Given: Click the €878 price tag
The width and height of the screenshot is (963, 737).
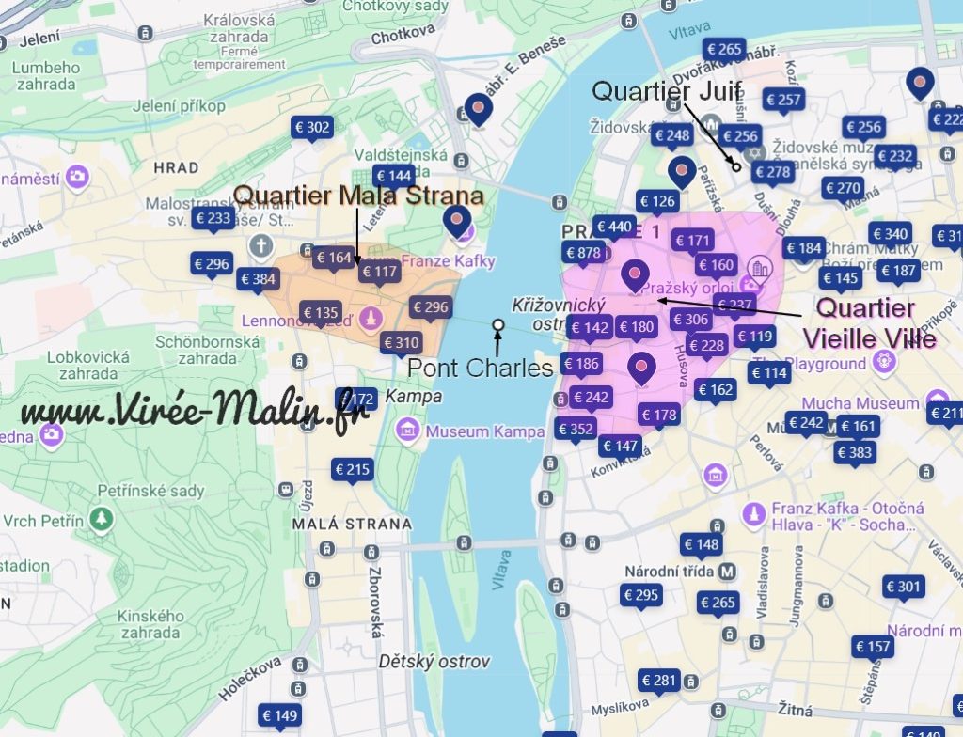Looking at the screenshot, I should tap(583, 252).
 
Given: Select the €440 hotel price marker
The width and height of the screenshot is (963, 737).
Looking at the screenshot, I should tap(614, 226).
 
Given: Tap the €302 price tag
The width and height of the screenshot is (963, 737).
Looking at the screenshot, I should tap(312, 127).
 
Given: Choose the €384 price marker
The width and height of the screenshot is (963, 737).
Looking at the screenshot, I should tap(258, 278).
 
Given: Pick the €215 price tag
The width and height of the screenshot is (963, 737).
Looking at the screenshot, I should tap(353, 469).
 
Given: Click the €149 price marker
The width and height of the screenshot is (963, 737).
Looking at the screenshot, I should tap(280, 716).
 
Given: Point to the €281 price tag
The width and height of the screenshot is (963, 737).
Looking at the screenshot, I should tap(658, 680).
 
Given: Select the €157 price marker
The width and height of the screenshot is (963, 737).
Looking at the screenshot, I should tap(872, 646).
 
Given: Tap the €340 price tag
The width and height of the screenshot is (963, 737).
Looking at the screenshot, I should tap(890, 234).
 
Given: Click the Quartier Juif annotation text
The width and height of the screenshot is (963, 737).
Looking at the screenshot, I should tap(667, 91).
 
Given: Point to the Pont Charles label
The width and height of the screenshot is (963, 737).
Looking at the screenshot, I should tap(480, 368).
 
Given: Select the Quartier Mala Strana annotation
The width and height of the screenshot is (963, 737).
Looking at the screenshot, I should tap(358, 196).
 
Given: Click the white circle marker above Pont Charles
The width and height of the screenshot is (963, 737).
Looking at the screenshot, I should tap(498, 325).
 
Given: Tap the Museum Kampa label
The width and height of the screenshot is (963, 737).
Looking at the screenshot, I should tap(484, 431).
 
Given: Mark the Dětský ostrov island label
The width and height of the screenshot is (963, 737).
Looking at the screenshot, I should tap(434, 662).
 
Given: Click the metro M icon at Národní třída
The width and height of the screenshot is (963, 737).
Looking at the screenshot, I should tap(727, 571).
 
